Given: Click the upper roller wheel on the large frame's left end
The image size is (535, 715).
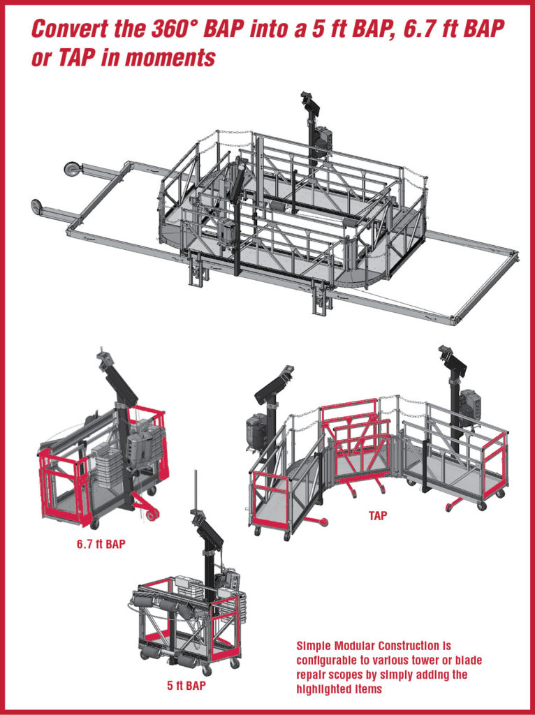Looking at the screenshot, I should point(71,169).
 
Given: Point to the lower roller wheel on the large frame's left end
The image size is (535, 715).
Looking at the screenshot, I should point(37,206).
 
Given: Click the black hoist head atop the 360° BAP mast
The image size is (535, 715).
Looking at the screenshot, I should point(309,103).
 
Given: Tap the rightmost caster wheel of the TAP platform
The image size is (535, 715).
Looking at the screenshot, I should point(500,494).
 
